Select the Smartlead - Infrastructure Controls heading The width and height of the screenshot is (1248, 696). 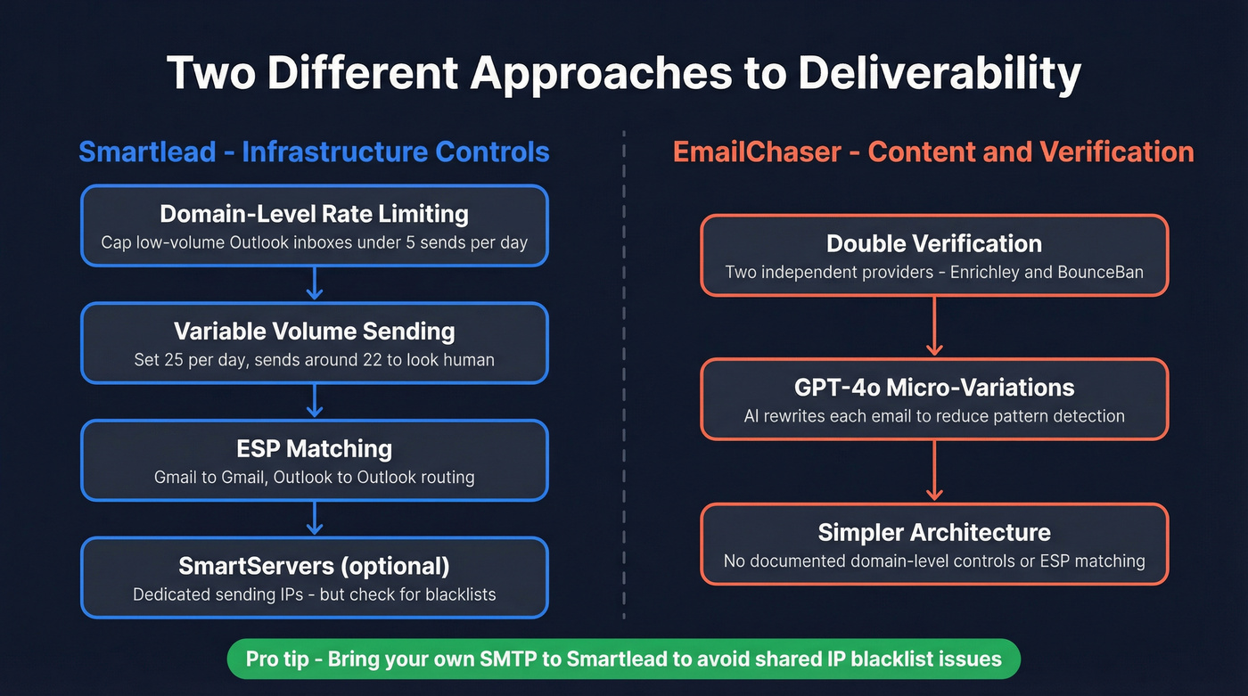(314, 151)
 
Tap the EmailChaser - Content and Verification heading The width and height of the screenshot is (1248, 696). (933, 151)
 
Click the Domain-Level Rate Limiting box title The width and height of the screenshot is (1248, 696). (314, 214)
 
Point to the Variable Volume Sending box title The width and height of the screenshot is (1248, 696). (314, 332)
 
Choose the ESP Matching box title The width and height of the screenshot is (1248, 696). (314, 448)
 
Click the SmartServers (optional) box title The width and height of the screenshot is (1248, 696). (314, 566)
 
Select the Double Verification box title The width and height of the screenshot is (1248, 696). (933, 243)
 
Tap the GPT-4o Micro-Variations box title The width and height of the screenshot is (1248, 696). (933, 388)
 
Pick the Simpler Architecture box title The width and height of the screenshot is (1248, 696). (933, 532)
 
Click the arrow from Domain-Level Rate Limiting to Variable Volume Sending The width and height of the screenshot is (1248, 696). (314, 284)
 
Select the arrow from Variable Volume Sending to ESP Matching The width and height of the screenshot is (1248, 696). (314, 402)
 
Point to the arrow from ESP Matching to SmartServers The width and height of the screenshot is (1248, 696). (314, 519)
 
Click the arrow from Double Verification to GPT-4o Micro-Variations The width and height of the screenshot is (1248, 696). (933, 326)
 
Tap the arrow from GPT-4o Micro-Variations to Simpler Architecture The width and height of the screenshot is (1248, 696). (933, 471)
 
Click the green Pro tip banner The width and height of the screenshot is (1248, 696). (623, 659)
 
